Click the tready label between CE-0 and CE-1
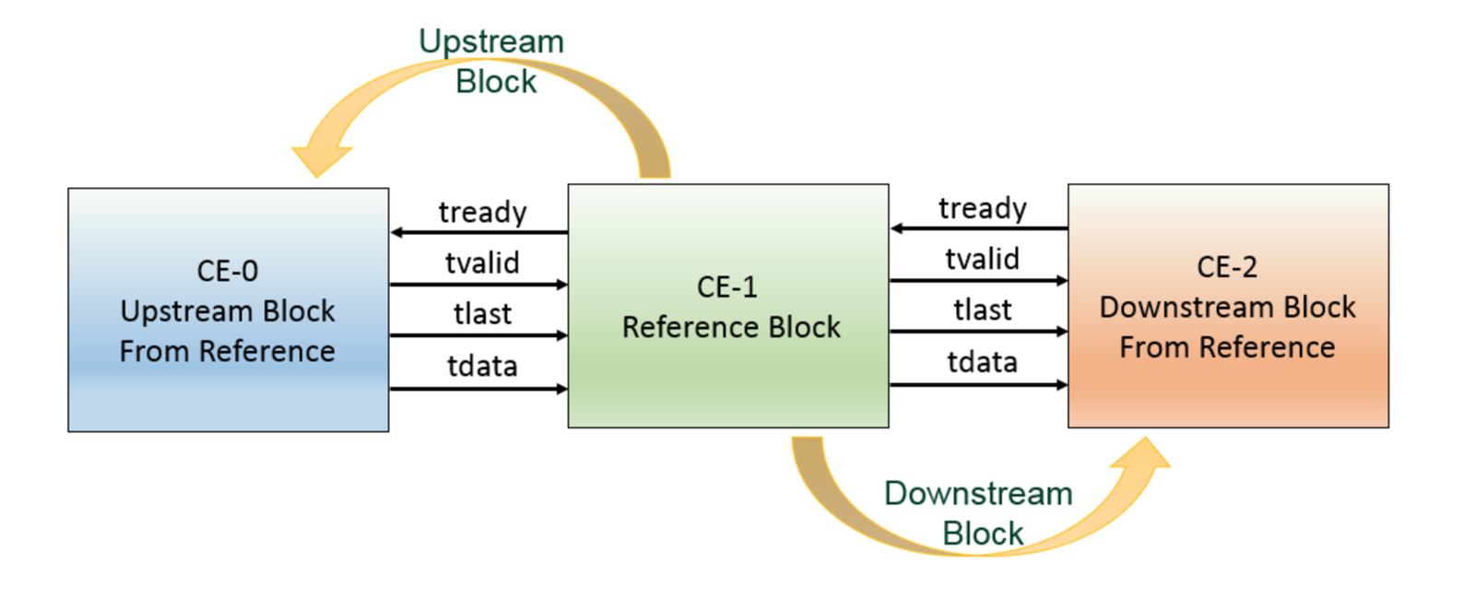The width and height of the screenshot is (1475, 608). pos(482,212)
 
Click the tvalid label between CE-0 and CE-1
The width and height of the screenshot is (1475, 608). pos(482,263)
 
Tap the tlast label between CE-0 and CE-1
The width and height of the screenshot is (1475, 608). pos(482,314)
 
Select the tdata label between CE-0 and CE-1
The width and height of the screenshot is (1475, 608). pos(482,366)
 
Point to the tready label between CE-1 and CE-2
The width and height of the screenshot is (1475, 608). pos(982,208)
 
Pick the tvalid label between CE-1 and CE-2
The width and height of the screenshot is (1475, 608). pos(982,259)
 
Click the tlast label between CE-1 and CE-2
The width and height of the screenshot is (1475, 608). pos(982,310)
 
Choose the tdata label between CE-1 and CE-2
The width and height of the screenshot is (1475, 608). pos(982,362)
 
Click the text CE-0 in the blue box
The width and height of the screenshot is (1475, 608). pos(227,271)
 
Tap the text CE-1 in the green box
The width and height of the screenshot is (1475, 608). pos(727,286)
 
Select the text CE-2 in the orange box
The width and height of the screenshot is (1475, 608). pos(1227,267)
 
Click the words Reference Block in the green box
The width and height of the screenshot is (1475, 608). pos(731,327)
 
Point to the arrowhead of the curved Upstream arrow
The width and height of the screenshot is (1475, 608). pos(318,160)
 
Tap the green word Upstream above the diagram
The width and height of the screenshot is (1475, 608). pos(490,41)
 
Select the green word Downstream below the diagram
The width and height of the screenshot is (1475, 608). pos(978,494)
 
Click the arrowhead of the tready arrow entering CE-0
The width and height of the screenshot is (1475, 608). pos(397,232)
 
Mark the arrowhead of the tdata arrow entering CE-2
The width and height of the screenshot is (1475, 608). pos(1061,384)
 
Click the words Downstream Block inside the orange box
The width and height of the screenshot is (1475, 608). pos(1227,307)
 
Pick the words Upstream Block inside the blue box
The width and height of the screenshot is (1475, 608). pos(227,311)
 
